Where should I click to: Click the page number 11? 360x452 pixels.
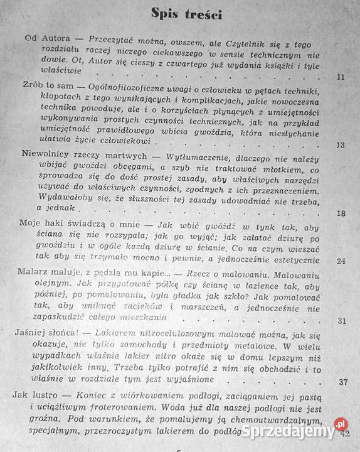(x=341, y=77)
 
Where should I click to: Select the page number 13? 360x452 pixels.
(x=341, y=144)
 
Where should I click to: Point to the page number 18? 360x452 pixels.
(x=341, y=213)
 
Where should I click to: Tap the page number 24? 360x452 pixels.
(x=341, y=260)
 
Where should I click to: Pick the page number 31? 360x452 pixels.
(x=341, y=321)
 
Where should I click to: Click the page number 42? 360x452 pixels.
(x=344, y=432)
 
